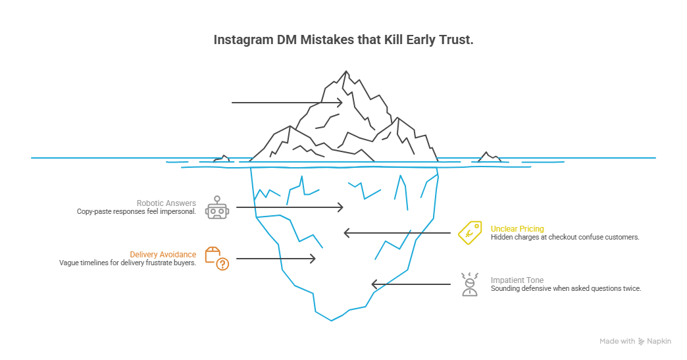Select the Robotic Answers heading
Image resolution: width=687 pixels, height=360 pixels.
(x=166, y=203)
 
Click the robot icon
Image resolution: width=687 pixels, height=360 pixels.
(x=216, y=207)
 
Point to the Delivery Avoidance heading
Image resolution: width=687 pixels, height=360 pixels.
(x=163, y=255)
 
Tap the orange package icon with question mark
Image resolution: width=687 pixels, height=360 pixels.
(x=216, y=259)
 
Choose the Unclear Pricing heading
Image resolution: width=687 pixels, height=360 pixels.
(x=517, y=228)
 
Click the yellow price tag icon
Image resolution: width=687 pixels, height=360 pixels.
(x=470, y=233)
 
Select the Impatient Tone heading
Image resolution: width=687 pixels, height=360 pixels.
(x=517, y=280)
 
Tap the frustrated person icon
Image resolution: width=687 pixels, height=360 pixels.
(x=469, y=284)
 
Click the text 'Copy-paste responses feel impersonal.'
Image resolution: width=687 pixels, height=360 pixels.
(x=136, y=212)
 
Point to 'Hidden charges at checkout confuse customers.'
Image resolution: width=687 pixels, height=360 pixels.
(x=565, y=237)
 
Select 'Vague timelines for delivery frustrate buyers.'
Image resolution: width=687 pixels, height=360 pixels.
(x=128, y=263)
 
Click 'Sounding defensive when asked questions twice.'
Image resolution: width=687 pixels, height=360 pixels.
(x=565, y=288)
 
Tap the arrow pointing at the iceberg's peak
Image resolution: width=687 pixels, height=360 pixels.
(x=287, y=103)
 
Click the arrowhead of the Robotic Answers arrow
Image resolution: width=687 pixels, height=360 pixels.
(x=340, y=207)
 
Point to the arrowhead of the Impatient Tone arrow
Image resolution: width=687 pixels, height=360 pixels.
(x=375, y=284)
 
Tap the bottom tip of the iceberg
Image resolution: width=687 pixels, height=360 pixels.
(x=332, y=321)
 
